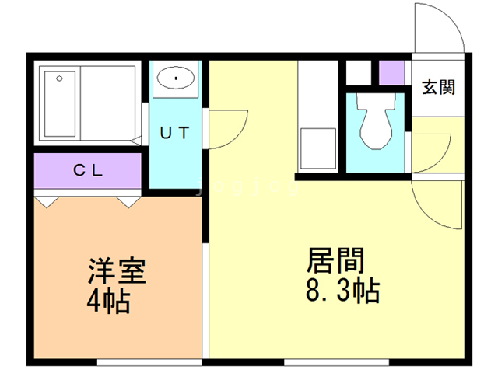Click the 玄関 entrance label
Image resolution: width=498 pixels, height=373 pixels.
pos(438,88)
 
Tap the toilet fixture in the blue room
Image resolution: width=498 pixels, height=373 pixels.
pos(375,124)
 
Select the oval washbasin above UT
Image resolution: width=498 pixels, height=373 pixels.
pos(177,78)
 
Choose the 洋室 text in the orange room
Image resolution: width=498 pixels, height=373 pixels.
pos(117,272)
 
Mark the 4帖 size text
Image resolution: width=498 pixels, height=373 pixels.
pos(109,301)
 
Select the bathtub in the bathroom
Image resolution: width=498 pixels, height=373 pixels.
pos(59,103)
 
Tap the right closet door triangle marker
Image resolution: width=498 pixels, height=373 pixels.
pos(128,202)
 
